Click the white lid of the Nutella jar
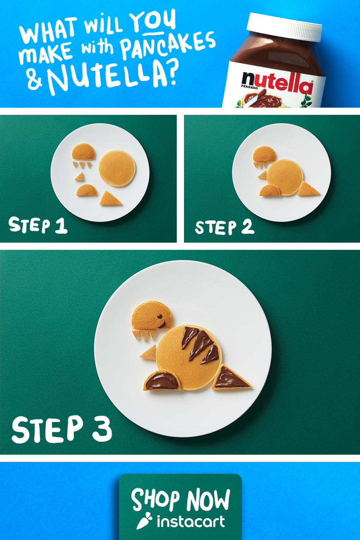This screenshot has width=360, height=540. coord(284,27)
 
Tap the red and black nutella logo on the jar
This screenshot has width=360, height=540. coord(277,82)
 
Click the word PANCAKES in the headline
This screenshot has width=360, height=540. coord(168,45)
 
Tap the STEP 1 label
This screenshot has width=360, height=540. coord(38,225)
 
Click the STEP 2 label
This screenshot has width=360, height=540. coord(225,227)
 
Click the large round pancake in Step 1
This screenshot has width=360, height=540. coord(117,168)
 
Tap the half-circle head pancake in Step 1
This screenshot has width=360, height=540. coord(84,152)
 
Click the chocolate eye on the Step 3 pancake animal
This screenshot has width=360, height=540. coord(159,316)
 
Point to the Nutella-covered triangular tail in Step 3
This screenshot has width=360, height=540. coord(231,378)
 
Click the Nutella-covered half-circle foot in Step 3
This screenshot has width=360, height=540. coord(162,381)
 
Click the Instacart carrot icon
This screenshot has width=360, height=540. coord(144,521)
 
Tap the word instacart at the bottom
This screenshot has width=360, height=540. coord(191,522)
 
